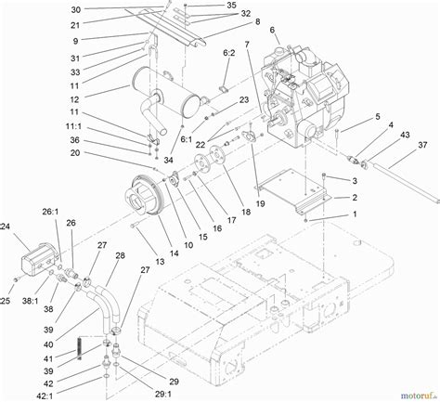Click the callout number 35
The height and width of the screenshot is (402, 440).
pos(231,6)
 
